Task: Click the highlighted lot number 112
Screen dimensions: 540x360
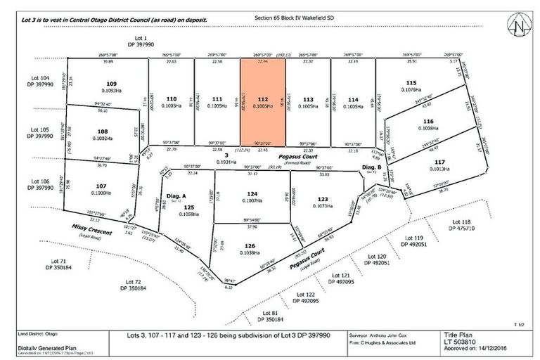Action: coord(262,98)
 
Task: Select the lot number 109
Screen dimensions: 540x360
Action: coord(101,84)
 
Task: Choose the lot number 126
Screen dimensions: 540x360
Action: coord(251,245)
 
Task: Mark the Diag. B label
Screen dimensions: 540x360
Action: coord(371,167)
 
